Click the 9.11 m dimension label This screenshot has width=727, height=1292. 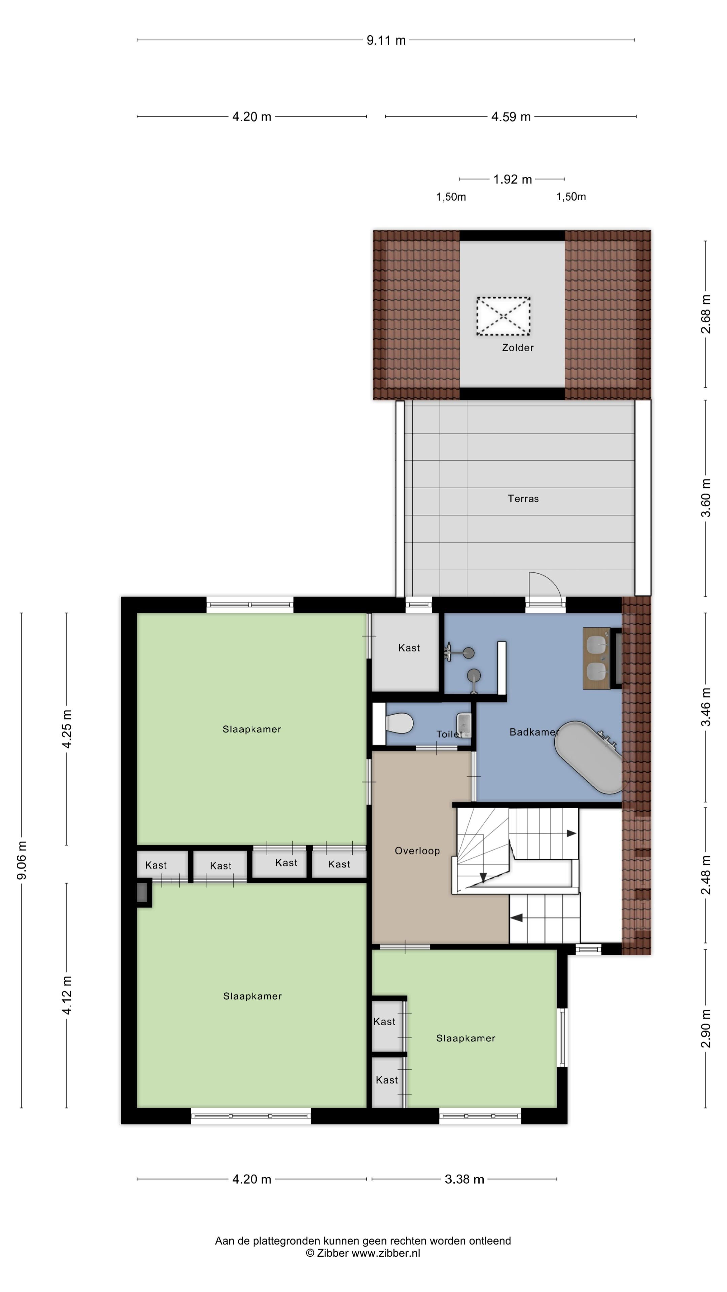point(386,40)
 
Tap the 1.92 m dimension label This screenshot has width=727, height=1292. point(512,179)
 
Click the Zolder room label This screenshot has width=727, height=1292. point(518,348)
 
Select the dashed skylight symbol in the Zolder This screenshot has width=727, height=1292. point(503,316)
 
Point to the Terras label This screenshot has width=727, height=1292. point(523,499)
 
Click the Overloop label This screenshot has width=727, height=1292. point(417,851)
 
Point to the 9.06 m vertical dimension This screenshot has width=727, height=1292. point(22,861)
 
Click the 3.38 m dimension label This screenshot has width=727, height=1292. point(464,1179)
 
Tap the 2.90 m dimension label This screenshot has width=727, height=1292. point(705,1029)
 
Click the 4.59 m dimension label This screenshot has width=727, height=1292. point(511,117)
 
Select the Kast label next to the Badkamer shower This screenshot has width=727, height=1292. point(409,648)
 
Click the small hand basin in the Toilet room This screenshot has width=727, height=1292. point(464,725)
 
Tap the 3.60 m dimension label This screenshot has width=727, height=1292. point(705,498)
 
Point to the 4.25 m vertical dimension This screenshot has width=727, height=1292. point(67,729)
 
